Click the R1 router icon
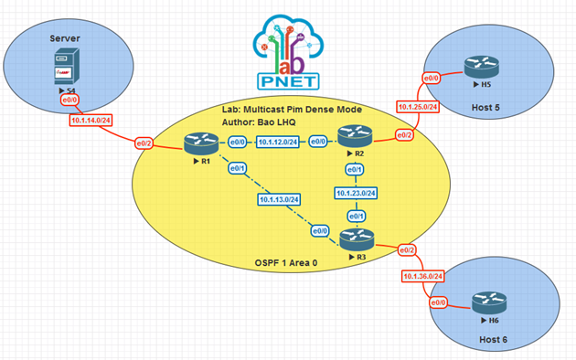click(197, 143)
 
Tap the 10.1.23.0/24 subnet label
click(356, 192)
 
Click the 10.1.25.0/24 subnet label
click(419, 107)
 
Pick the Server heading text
click(66, 39)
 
